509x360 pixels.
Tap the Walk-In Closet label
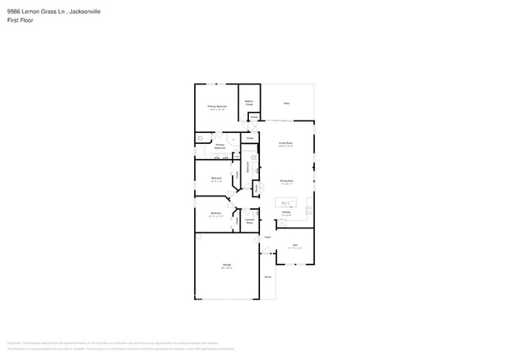click(249, 102)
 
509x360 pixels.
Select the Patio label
click(287, 103)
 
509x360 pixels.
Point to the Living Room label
click(286, 144)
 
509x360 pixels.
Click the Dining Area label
click(287, 182)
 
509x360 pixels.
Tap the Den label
click(295, 246)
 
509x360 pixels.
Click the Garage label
click(227, 267)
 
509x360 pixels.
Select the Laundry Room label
click(249, 221)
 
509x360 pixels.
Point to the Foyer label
click(267, 236)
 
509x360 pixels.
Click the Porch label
click(267, 277)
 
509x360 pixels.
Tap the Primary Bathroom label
click(220, 146)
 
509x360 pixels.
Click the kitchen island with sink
click(287, 203)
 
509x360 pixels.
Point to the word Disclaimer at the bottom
click(13, 343)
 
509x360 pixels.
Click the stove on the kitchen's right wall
click(310, 209)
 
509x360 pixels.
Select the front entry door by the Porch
click(265, 251)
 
